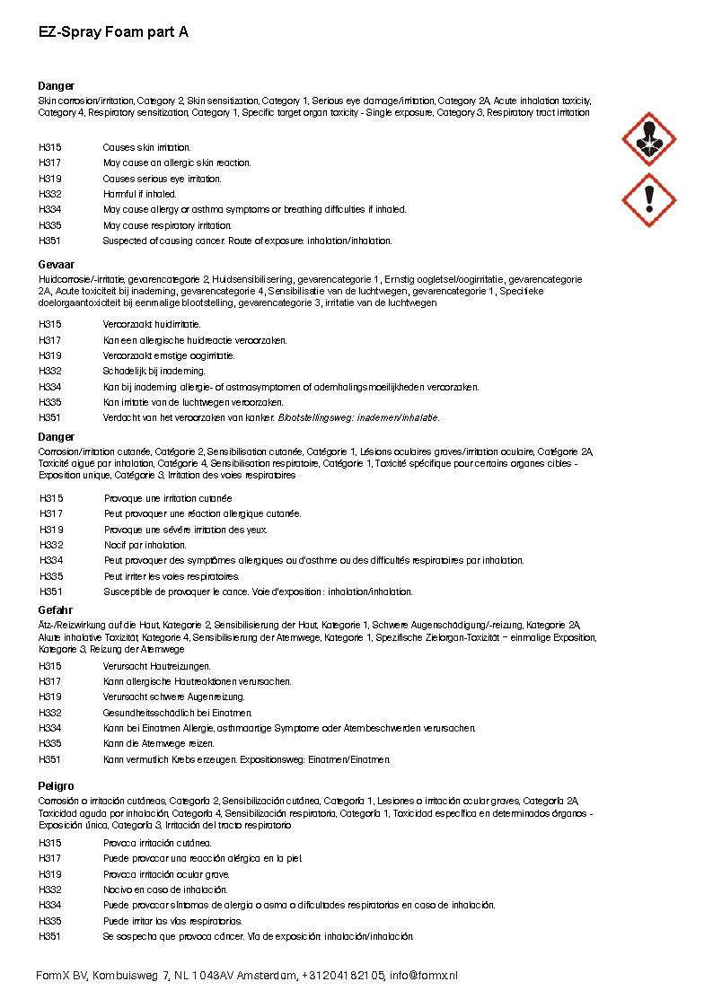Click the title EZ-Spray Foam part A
pyautogui.click(x=113, y=31)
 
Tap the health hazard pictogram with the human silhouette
pyautogui.click(x=648, y=139)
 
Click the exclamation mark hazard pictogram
pyautogui.click(x=648, y=199)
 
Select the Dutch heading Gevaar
pyautogui.click(x=56, y=267)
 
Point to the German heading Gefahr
pyautogui.click(x=56, y=610)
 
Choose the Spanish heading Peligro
pyautogui.click(x=57, y=786)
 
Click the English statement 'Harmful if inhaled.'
pyautogui.click(x=140, y=194)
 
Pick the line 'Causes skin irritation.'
pyautogui.click(x=146, y=147)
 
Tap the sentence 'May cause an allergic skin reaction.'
pyautogui.click(x=177, y=163)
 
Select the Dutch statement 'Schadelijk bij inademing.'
pyautogui.click(x=154, y=371)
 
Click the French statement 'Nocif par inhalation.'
pyautogui.click(x=145, y=545)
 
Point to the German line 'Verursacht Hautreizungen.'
pyautogui.click(x=156, y=666)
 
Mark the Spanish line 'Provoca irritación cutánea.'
pyautogui.click(x=157, y=843)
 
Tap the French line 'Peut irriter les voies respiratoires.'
pyautogui.click(x=172, y=576)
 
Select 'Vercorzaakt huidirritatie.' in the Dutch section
pyautogui.click(x=152, y=324)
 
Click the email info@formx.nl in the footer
pyautogui.click(x=423, y=975)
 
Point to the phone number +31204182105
pyautogui.click(x=343, y=975)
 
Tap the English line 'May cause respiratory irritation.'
pyautogui.click(x=167, y=225)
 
